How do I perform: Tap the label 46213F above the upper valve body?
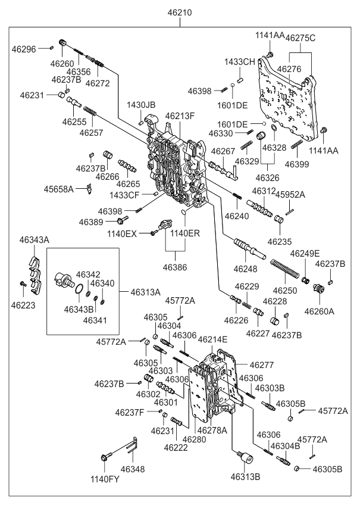(x=180, y=116)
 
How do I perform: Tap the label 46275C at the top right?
(x=300, y=38)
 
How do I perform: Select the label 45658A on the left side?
(x=58, y=189)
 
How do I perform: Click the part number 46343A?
(x=34, y=239)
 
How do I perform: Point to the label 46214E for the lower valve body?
(x=212, y=339)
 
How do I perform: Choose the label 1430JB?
(x=140, y=105)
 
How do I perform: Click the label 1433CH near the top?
(x=239, y=62)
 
